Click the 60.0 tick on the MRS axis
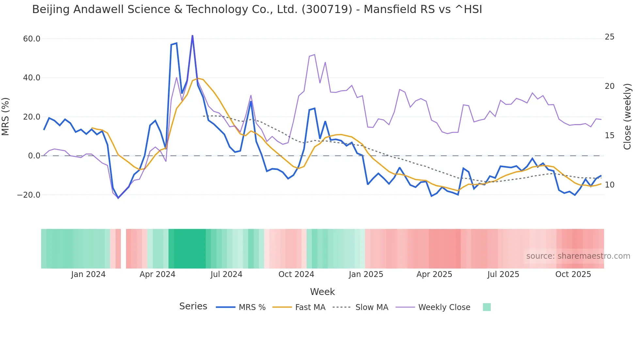click(32, 39)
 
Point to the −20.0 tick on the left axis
click(29, 195)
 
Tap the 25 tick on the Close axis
click(609, 37)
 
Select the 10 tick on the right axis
click(609, 185)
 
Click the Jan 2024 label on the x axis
click(88, 274)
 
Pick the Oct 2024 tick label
click(296, 274)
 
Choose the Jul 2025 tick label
click(503, 274)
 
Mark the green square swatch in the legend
click(487, 307)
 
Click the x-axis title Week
click(322, 292)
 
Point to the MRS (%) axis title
click(6, 117)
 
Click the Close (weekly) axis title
click(627, 117)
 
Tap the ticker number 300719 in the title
click(327, 9)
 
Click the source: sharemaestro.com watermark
click(578, 256)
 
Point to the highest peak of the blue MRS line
click(192, 36)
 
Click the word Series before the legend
click(193, 306)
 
